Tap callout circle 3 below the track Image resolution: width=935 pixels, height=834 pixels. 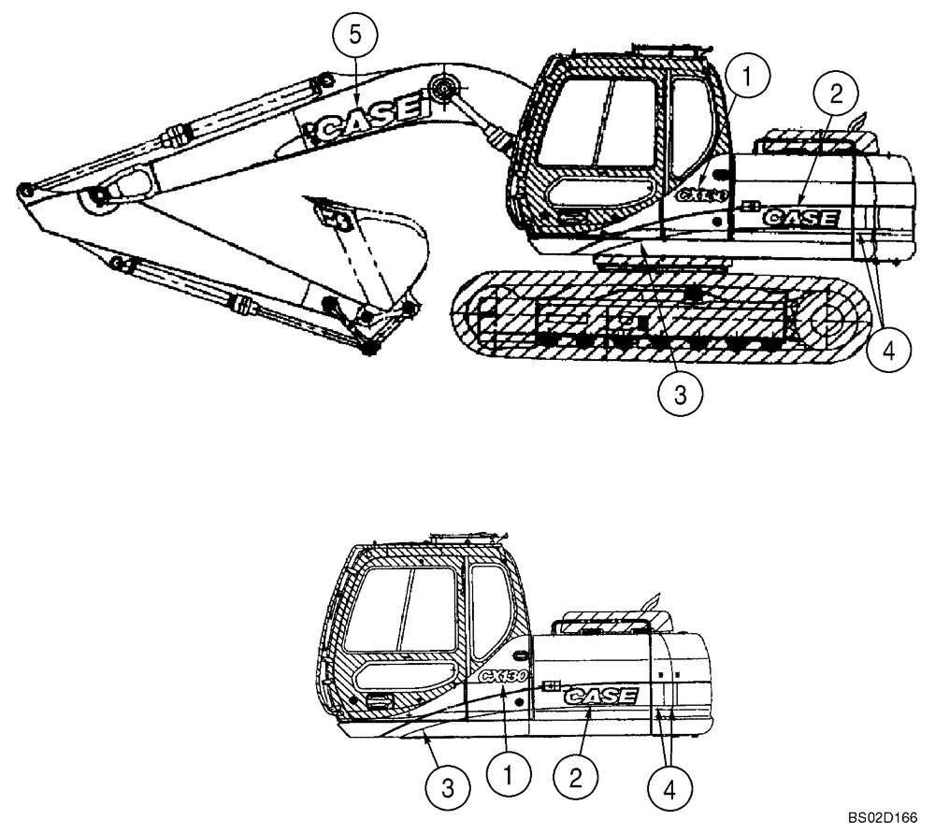pyautogui.click(x=680, y=394)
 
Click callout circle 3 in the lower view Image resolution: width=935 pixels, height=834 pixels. pyautogui.click(x=448, y=788)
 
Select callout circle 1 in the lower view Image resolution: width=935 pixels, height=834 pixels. pyautogui.click(x=509, y=775)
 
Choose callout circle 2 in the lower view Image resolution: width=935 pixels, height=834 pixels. pyautogui.click(x=575, y=776)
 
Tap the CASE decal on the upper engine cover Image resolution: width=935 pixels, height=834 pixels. pyautogui.click(x=801, y=217)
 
